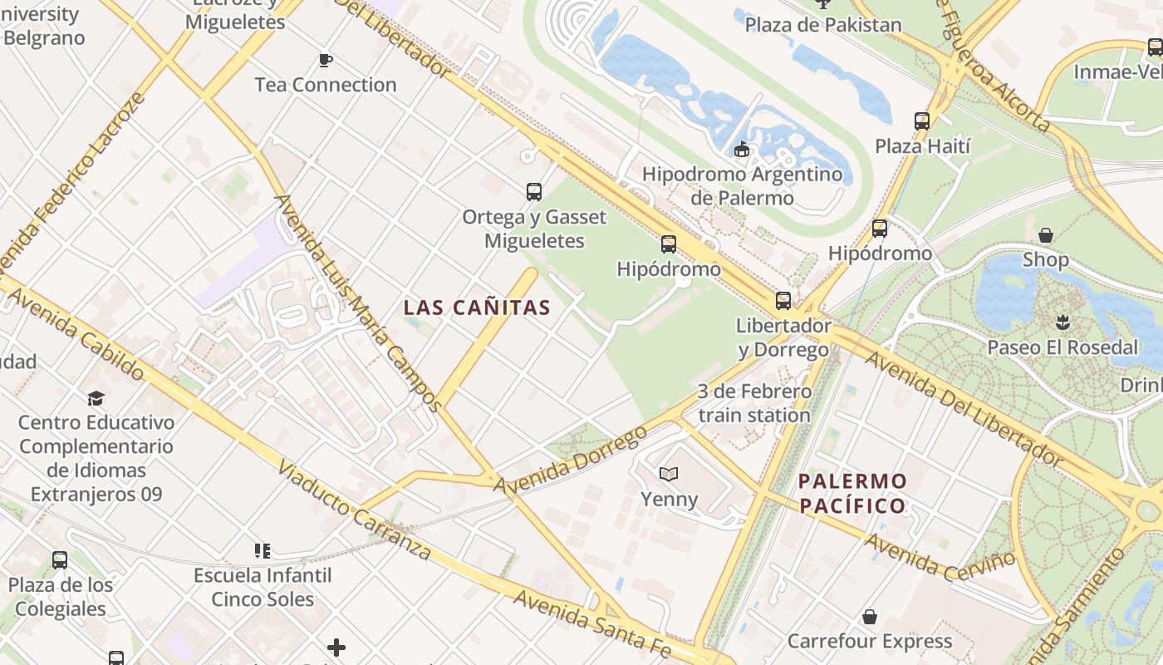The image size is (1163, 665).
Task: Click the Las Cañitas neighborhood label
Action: pyautogui.click(x=477, y=308)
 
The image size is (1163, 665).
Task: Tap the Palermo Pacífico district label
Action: pyautogui.click(x=852, y=493)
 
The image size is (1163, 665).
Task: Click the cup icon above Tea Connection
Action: pyautogui.click(x=326, y=60)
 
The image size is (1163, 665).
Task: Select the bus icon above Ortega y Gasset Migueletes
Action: pyautogui.click(x=534, y=192)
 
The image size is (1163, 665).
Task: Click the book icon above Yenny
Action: pyautogui.click(x=669, y=474)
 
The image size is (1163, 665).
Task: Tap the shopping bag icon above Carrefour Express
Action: pyautogui.click(x=870, y=617)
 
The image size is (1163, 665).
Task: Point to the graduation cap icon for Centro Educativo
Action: pyautogui.click(x=96, y=398)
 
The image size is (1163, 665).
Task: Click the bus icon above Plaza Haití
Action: pyautogui.click(x=922, y=121)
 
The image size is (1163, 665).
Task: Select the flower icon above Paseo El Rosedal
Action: pyautogui.click(x=1062, y=322)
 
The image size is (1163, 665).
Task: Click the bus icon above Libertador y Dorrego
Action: pyautogui.click(x=783, y=301)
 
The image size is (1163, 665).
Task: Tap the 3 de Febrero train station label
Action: pyautogui.click(x=754, y=403)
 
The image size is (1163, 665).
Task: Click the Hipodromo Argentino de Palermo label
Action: pyautogui.click(x=742, y=186)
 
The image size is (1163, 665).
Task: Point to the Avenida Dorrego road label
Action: pyautogui.click(x=570, y=458)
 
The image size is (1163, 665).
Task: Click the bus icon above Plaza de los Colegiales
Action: pyautogui.click(x=60, y=560)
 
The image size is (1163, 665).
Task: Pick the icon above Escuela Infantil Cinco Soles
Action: pyautogui.click(x=263, y=550)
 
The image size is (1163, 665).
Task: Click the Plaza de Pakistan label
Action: pyautogui.click(x=822, y=25)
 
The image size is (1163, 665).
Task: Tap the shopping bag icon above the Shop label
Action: pyautogui.click(x=1046, y=235)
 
